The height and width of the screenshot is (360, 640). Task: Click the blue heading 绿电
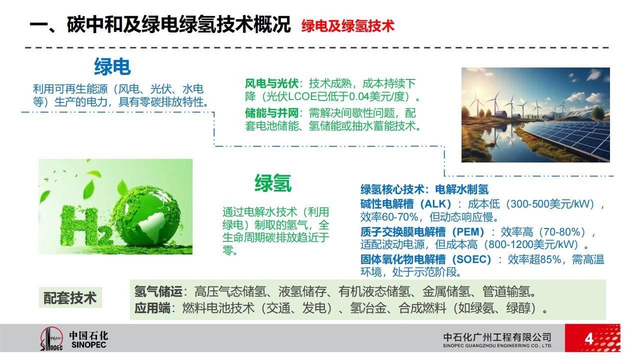pos(112,66)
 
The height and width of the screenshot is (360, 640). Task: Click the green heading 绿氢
pos(273,183)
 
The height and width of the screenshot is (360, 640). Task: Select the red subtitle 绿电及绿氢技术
pos(347,26)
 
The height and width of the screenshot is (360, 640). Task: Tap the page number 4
pos(589,339)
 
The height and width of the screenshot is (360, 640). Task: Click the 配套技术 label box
pos(70,297)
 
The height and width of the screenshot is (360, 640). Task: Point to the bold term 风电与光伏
pos(271,83)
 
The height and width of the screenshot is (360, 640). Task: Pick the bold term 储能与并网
pos(271,113)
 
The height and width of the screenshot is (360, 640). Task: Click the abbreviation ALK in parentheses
pos(435,204)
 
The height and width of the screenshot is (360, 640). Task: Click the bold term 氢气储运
pos(158,291)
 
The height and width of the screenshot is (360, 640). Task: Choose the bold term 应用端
pos(152,308)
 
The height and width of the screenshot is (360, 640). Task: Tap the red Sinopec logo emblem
pos(51,339)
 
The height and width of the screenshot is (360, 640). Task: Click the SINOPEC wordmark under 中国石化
pos(88,345)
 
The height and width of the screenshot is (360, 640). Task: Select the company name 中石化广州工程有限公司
pos(497,337)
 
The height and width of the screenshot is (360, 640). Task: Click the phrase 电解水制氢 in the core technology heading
pos(461,189)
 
